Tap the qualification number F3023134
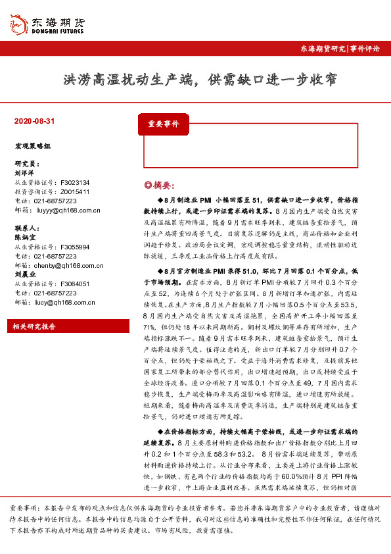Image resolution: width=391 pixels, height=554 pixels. point(74,183)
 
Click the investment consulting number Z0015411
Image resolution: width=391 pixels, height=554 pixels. point(74,192)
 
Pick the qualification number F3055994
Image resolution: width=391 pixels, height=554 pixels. point(74,247)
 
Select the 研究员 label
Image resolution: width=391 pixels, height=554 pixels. point(26,163)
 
